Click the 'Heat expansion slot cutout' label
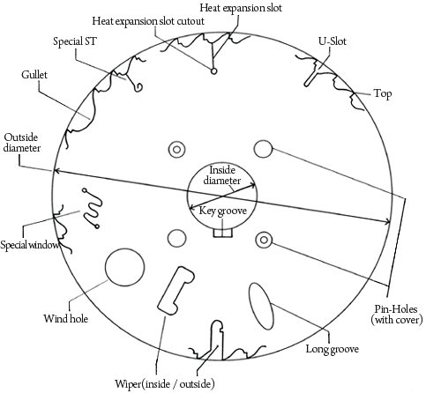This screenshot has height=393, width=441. pos(148,21)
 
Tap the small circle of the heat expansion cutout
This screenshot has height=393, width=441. pos(214,70)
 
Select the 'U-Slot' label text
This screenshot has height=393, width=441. pos(333,41)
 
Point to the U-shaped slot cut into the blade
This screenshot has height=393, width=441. pos(310,78)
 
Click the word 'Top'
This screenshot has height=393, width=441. pos(383,94)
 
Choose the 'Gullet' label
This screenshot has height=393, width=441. pos(34,75)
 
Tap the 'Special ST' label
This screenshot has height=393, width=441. pos(75,41)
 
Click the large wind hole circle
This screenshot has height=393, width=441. pos(124,268)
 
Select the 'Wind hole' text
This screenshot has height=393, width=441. pos(65,318)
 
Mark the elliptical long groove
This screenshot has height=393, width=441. pos(260,306)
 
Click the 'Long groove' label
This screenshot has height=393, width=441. pos(333,349)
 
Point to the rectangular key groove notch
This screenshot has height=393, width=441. pos(223,233)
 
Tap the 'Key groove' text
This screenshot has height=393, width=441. pos(223,211)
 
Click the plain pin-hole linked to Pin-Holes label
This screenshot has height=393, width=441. pos(263,149)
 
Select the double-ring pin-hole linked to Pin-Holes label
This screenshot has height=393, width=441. pos(264,240)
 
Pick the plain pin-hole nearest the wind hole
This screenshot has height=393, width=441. pos(176,238)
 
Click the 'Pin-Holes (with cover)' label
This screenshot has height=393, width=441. pos(397,315)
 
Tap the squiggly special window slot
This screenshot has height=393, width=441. pos(93,209)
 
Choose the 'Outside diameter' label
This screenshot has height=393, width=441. pos(21,143)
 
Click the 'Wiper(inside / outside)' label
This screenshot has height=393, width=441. pos(165,384)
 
